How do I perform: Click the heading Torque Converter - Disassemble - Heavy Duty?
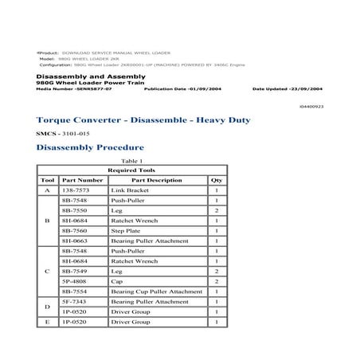point(143,120)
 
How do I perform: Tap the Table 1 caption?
point(132,161)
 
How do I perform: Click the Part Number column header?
point(82,181)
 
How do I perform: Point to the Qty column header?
point(215,181)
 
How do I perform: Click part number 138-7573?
point(82,191)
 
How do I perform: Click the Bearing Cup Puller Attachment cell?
point(157,292)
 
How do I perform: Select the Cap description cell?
point(117,281)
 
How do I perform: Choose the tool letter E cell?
point(47,323)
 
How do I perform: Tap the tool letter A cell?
point(47,191)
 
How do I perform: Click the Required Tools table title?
point(132,170)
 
